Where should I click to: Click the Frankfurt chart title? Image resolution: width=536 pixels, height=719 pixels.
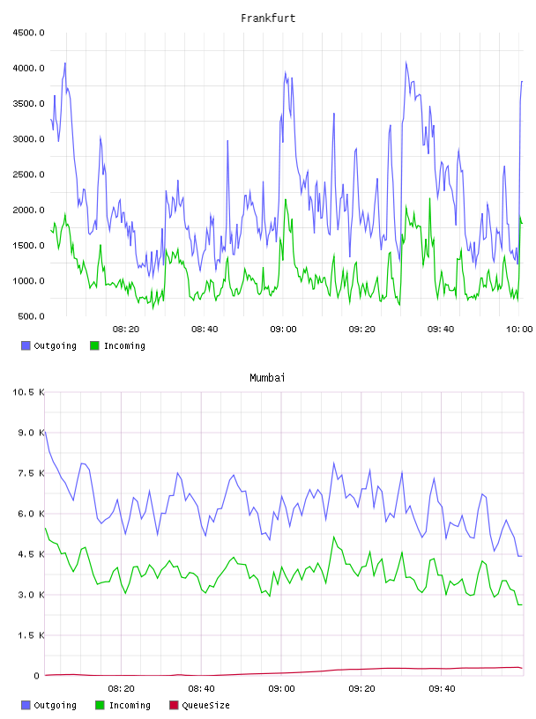coord(268,19)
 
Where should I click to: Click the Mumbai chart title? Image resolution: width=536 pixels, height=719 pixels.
coord(267,378)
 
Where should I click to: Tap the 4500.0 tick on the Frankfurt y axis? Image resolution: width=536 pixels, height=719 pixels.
coord(28,33)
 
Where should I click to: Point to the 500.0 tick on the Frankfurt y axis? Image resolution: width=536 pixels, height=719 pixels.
coord(31,316)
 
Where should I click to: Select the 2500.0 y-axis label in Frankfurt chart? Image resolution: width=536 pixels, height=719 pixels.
coord(28,174)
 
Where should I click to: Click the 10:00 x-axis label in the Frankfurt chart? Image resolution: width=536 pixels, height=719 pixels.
coord(519,330)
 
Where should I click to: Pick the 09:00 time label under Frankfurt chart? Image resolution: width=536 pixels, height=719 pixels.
coord(283,330)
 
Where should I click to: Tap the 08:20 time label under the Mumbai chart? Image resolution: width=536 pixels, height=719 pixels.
coord(121,689)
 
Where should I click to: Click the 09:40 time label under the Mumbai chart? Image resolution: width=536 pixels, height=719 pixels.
coord(442,689)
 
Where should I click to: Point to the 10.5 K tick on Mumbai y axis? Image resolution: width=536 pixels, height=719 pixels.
coord(28,392)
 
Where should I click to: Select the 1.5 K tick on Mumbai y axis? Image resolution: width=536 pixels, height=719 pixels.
coord(31,635)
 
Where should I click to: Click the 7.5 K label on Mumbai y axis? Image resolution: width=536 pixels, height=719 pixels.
coord(31,473)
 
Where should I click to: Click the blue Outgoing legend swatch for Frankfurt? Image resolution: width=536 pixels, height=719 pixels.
coord(26,345)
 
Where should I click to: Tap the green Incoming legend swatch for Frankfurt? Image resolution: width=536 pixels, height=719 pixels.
coord(94,345)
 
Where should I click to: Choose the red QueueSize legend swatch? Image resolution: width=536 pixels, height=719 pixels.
coord(174,705)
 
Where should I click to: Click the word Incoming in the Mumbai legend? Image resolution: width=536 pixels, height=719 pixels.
coord(130,706)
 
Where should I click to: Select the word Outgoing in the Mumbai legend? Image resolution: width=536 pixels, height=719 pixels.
coord(55,706)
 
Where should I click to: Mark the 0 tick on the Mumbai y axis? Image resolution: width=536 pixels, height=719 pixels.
coord(37,676)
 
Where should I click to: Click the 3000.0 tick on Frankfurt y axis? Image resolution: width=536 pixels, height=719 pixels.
coord(28,139)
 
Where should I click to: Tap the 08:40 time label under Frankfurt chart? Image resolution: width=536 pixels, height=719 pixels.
coord(205,330)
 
